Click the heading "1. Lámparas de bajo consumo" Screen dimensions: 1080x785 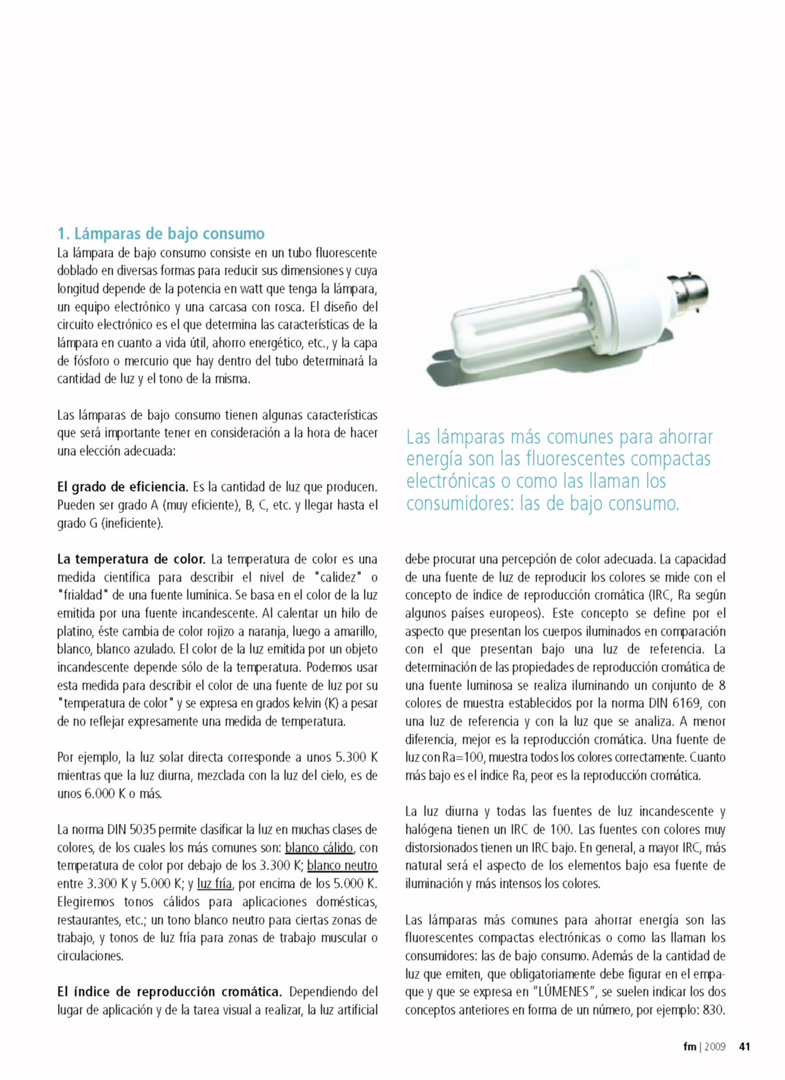(161, 233)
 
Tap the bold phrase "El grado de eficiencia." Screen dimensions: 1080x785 (123, 487)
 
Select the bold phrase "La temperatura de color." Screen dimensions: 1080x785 (132, 559)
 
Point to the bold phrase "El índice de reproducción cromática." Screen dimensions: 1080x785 (170, 992)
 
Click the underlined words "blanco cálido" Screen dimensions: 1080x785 (319, 848)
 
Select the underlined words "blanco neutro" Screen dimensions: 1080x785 (342, 865)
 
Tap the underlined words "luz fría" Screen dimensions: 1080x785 (215, 883)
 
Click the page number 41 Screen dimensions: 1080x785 (744, 1046)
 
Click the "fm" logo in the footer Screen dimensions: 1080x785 (689, 1046)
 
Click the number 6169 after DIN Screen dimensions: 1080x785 (686, 704)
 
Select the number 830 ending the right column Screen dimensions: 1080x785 (713, 1010)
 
